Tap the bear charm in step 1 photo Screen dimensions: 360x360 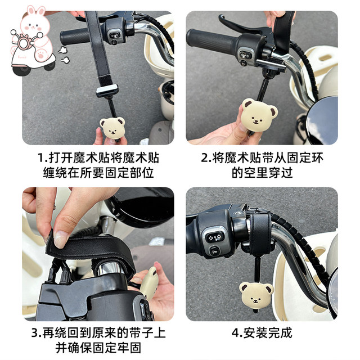point(112,128)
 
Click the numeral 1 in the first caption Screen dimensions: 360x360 point(40,158)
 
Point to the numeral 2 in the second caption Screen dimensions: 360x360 point(204,158)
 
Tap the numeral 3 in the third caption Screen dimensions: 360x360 point(35,333)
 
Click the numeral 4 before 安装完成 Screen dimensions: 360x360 point(236,333)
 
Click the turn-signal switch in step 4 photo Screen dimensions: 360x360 point(215,237)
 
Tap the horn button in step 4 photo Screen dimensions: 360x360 point(214,252)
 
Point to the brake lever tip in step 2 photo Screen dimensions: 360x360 point(221,17)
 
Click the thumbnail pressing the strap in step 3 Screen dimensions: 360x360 point(61,240)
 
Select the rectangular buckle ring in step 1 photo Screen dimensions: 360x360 point(107,91)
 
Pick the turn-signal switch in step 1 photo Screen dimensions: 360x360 point(115,35)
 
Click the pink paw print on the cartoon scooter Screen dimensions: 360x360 point(41,55)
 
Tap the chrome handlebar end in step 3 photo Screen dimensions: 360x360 point(111,268)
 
